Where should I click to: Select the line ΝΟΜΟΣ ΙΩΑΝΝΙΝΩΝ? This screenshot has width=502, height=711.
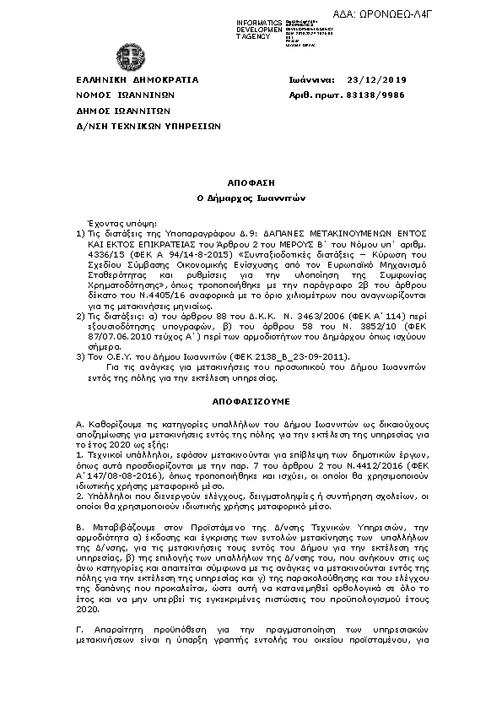point(125,95)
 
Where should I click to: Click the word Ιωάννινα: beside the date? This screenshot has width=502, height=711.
point(312,79)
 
